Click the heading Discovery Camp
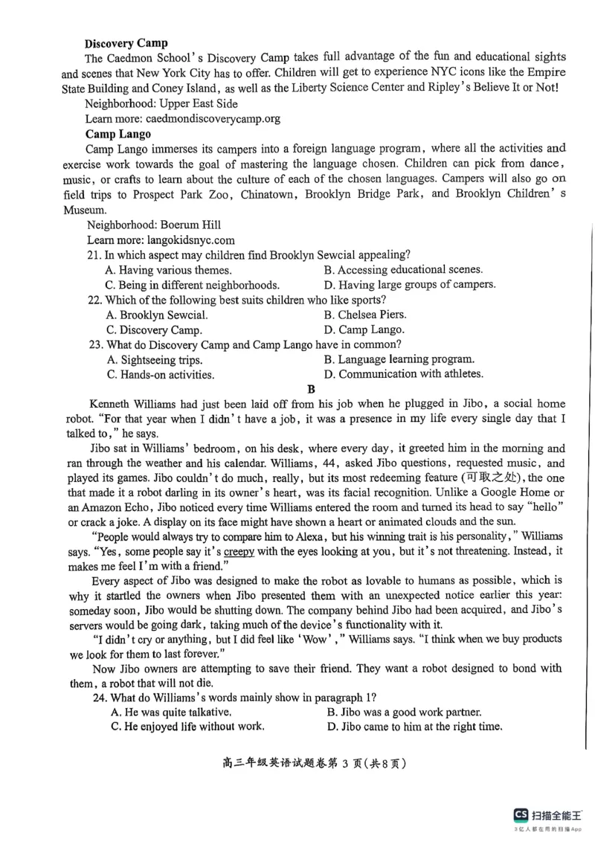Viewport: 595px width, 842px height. pyautogui.click(x=126, y=43)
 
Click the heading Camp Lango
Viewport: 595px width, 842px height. pyautogui.click(x=118, y=134)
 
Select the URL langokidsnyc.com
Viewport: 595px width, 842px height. pyautogui.click(x=187, y=240)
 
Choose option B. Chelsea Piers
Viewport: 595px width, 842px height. pyautogui.click(x=365, y=315)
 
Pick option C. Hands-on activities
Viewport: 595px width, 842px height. pyautogui.click(x=160, y=375)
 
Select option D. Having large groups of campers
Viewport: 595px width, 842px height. pyautogui.click(x=410, y=285)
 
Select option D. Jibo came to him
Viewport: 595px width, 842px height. pyautogui.click(x=414, y=727)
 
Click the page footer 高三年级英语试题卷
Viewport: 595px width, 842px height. pyautogui.click(x=274, y=763)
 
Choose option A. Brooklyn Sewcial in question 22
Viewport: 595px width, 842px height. pyautogui.click(x=157, y=315)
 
